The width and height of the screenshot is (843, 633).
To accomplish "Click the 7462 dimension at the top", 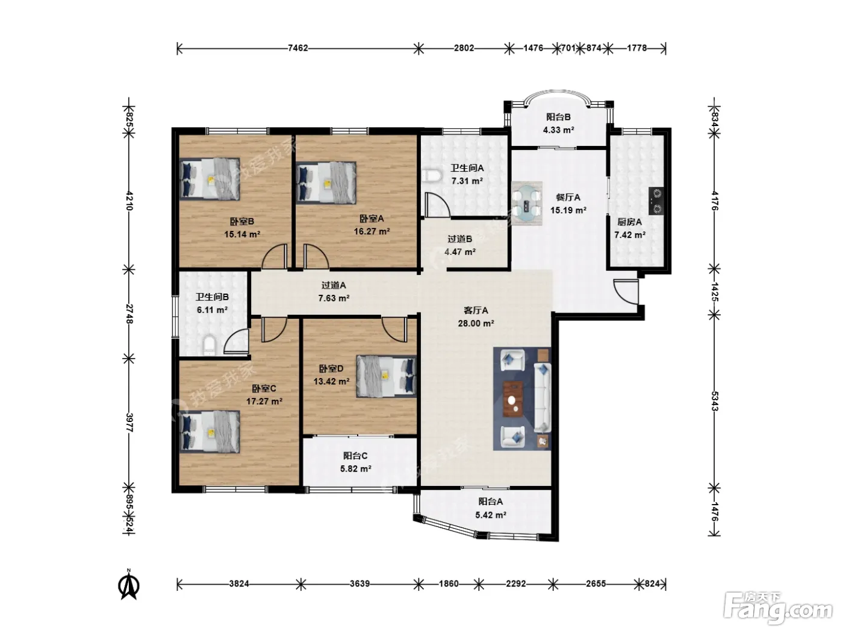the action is [297, 48].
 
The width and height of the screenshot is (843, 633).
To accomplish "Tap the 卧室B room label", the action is [242, 222].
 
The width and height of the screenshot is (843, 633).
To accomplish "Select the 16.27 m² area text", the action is [372, 231].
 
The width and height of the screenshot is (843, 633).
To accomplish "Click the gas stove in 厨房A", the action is [656, 201].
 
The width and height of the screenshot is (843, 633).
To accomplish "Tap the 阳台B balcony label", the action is [558, 117].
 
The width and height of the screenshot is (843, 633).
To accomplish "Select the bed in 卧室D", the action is [386, 376].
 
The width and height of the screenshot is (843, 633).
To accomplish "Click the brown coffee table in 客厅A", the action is [513, 399].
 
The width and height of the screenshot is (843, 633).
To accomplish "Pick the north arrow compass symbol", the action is [129, 585].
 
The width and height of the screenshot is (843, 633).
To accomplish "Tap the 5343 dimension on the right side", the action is [714, 402].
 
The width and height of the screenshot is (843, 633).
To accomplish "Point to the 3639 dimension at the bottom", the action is [360, 584].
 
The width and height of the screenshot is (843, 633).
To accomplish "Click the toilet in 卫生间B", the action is [210, 345].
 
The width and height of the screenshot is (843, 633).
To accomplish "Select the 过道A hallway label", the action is [334, 285].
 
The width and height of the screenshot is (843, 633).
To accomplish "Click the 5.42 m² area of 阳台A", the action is [490, 515].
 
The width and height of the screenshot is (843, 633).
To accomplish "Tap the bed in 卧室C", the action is [210, 432].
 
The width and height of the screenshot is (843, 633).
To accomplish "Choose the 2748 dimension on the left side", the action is [129, 314].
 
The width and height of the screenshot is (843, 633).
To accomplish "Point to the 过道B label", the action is [459, 239].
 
